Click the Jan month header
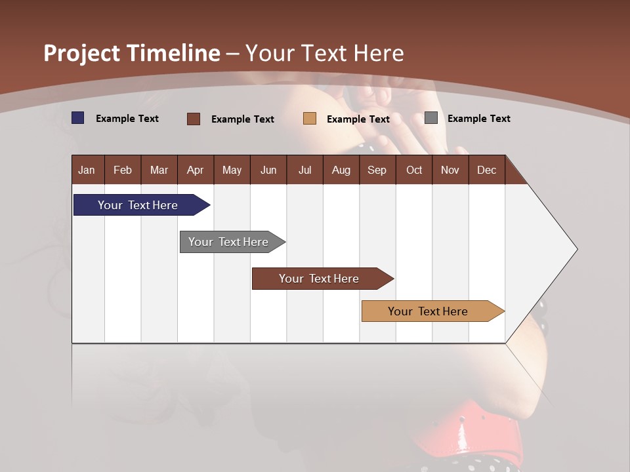(x=87, y=170)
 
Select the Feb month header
(x=123, y=170)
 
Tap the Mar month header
(x=159, y=170)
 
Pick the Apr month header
(x=195, y=170)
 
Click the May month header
(x=232, y=170)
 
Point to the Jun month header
(x=268, y=170)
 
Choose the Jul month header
(x=304, y=170)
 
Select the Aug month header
(x=341, y=170)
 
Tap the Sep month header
(x=377, y=170)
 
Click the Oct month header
(x=414, y=170)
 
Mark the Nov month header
(x=450, y=170)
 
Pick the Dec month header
(x=486, y=170)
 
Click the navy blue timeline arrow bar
(x=138, y=205)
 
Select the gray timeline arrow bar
(x=228, y=242)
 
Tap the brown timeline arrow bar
(x=319, y=279)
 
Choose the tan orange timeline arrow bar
(x=428, y=311)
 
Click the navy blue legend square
(x=78, y=118)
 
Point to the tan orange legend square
(x=310, y=119)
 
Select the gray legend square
(x=431, y=118)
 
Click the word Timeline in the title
(x=174, y=53)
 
